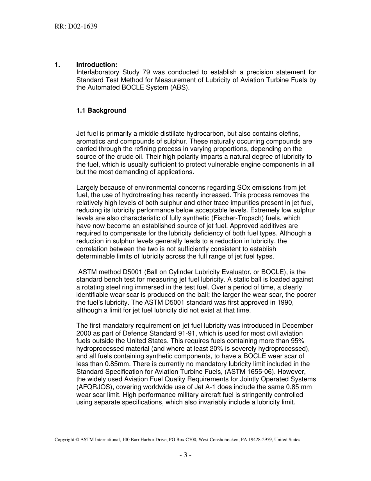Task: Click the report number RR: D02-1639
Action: pos(76,27)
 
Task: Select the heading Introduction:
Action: pos(96,65)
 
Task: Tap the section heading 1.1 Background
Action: pos(101,110)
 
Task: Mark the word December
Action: pos(297,325)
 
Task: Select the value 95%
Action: pos(303,341)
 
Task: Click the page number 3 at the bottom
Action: pos(185,455)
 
